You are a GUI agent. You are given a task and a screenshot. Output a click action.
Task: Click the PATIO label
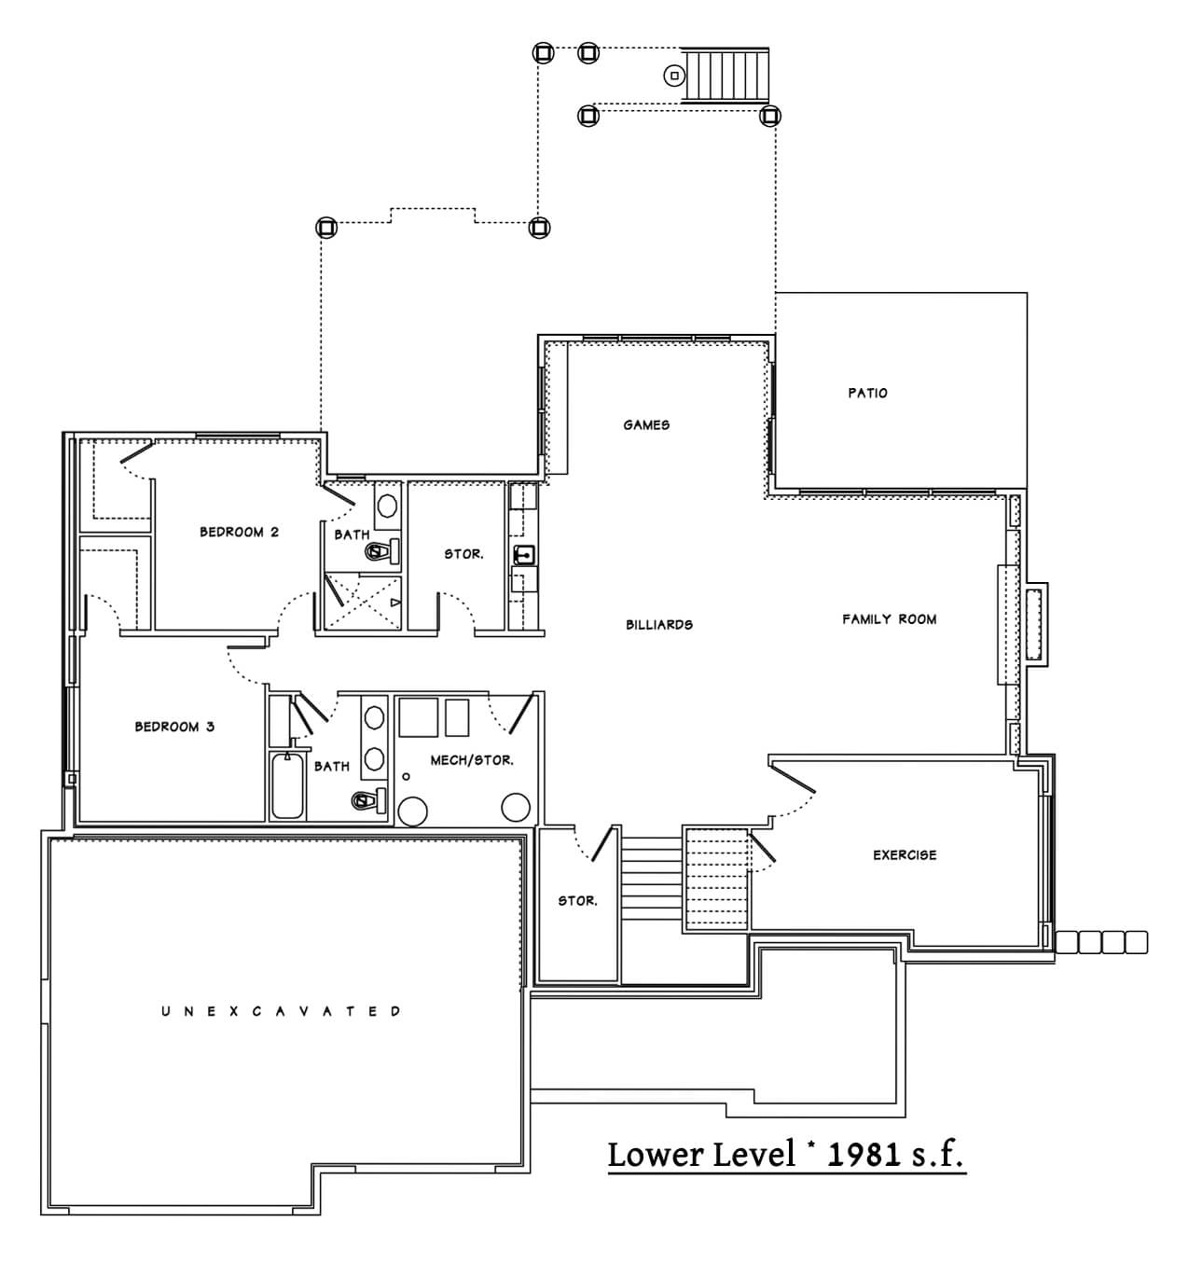click(867, 393)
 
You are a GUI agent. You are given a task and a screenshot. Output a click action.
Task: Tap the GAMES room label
click(646, 424)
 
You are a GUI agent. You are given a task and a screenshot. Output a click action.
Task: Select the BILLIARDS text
click(659, 625)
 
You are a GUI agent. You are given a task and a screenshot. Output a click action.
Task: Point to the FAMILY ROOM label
click(889, 619)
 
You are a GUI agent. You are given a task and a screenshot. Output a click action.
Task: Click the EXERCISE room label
click(905, 855)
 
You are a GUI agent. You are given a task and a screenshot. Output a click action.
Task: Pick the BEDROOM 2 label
click(239, 532)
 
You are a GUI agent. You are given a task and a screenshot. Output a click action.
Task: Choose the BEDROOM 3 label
click(174, 727)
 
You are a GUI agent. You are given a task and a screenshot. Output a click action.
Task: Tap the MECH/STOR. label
click(472, 760)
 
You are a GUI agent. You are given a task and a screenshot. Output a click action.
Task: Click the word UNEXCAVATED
click(282, 1011)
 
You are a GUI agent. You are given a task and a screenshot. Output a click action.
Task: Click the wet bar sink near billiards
click(523, 554)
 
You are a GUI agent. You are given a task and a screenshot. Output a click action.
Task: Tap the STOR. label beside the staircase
click(577, 901)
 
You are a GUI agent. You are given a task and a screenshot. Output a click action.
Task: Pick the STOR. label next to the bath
click(463, 554)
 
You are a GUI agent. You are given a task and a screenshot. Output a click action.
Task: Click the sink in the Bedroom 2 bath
click(386, 506)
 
